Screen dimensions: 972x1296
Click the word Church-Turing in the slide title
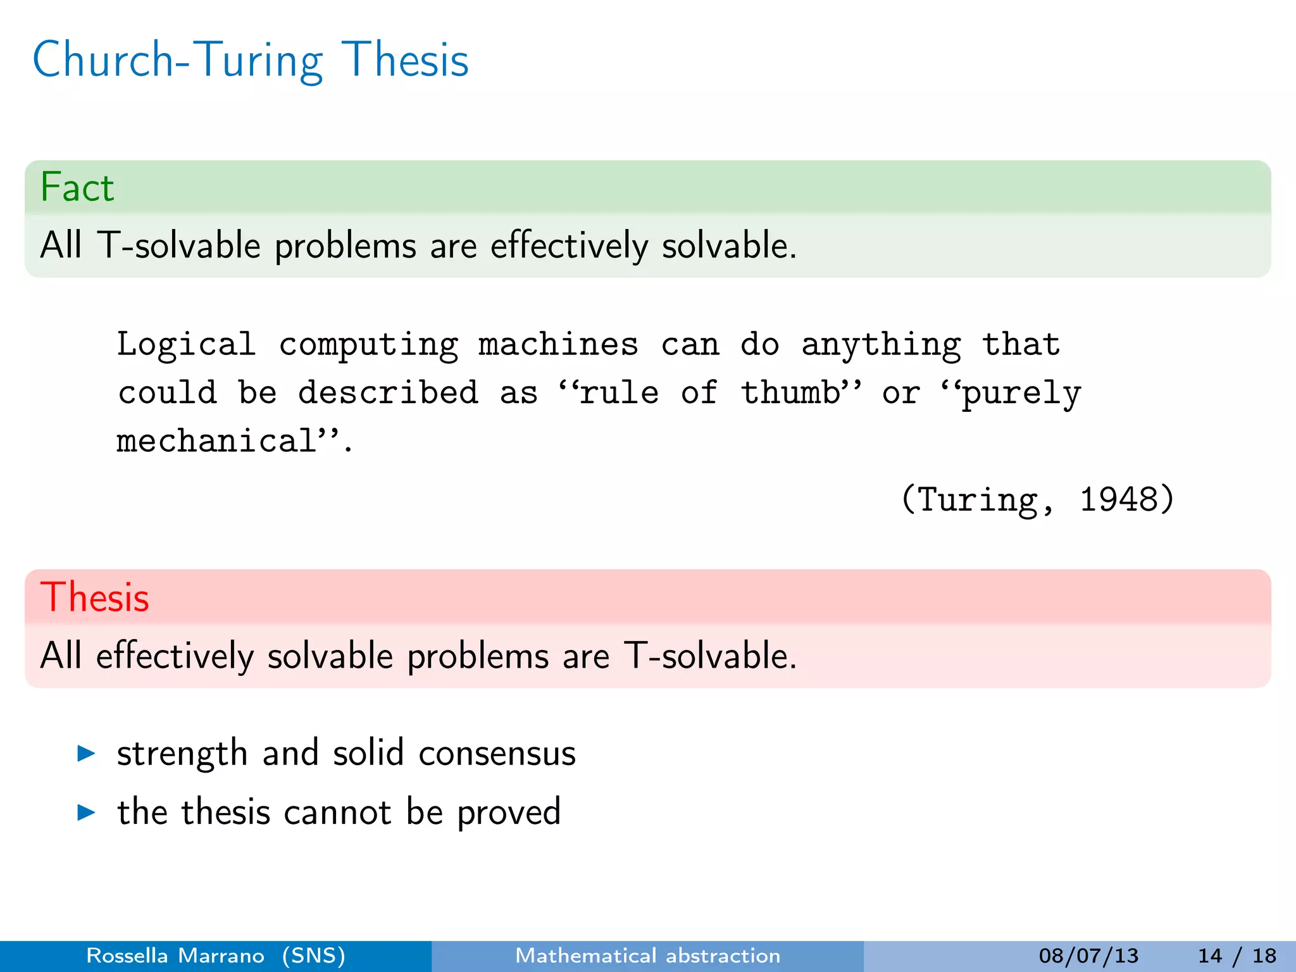coord(178,61)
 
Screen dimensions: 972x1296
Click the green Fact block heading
coord(77,187)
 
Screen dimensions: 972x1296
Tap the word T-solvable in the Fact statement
coord(178,246)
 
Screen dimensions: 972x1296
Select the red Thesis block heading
coord(95,597)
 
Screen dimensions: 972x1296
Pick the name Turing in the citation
coord(977,500)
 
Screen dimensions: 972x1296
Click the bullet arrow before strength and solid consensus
coord(86,753)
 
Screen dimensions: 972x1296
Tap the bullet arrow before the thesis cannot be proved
coord(86,812)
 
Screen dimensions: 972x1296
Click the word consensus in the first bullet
coord(497,754)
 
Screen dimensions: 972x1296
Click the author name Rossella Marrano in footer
coord(175,956)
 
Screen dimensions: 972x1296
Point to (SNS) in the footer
coord(314,956)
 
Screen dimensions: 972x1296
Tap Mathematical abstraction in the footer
coord(647,956)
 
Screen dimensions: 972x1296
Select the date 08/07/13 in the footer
coord(1088,956)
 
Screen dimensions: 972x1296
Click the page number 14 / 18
coord(1237,956)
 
